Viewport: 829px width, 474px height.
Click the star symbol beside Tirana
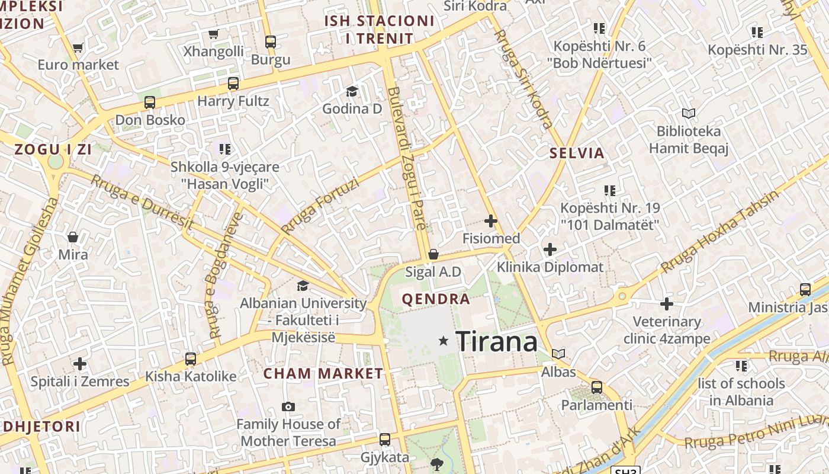[444, 341]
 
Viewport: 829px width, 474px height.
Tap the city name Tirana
[497, 342]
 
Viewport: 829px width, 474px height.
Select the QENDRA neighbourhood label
[436, 299]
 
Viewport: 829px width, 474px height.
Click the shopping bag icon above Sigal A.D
[433, 254]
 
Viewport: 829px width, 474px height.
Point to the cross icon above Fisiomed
[491, 222]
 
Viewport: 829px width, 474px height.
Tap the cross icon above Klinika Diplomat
[550, 249]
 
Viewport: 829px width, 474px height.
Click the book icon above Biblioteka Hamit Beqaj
[688, 113]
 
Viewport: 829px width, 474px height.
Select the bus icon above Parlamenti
[597, 387]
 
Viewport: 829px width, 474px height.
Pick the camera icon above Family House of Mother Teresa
[288, 406]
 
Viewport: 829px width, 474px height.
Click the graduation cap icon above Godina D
[352, 91]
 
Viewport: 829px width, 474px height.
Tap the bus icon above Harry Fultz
[233, 84]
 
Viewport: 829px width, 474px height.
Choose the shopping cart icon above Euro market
[78, 47]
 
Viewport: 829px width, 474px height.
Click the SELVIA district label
[577, 153]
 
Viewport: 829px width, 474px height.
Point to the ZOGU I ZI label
[53, 149]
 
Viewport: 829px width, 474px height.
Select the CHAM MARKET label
[323, 374]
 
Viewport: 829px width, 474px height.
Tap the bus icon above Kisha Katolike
[191, 358]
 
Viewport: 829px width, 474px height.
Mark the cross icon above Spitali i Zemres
[80, 364]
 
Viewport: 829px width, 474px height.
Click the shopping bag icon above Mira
[73, 237]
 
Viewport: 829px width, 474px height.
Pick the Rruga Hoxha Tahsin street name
[719, 232]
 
